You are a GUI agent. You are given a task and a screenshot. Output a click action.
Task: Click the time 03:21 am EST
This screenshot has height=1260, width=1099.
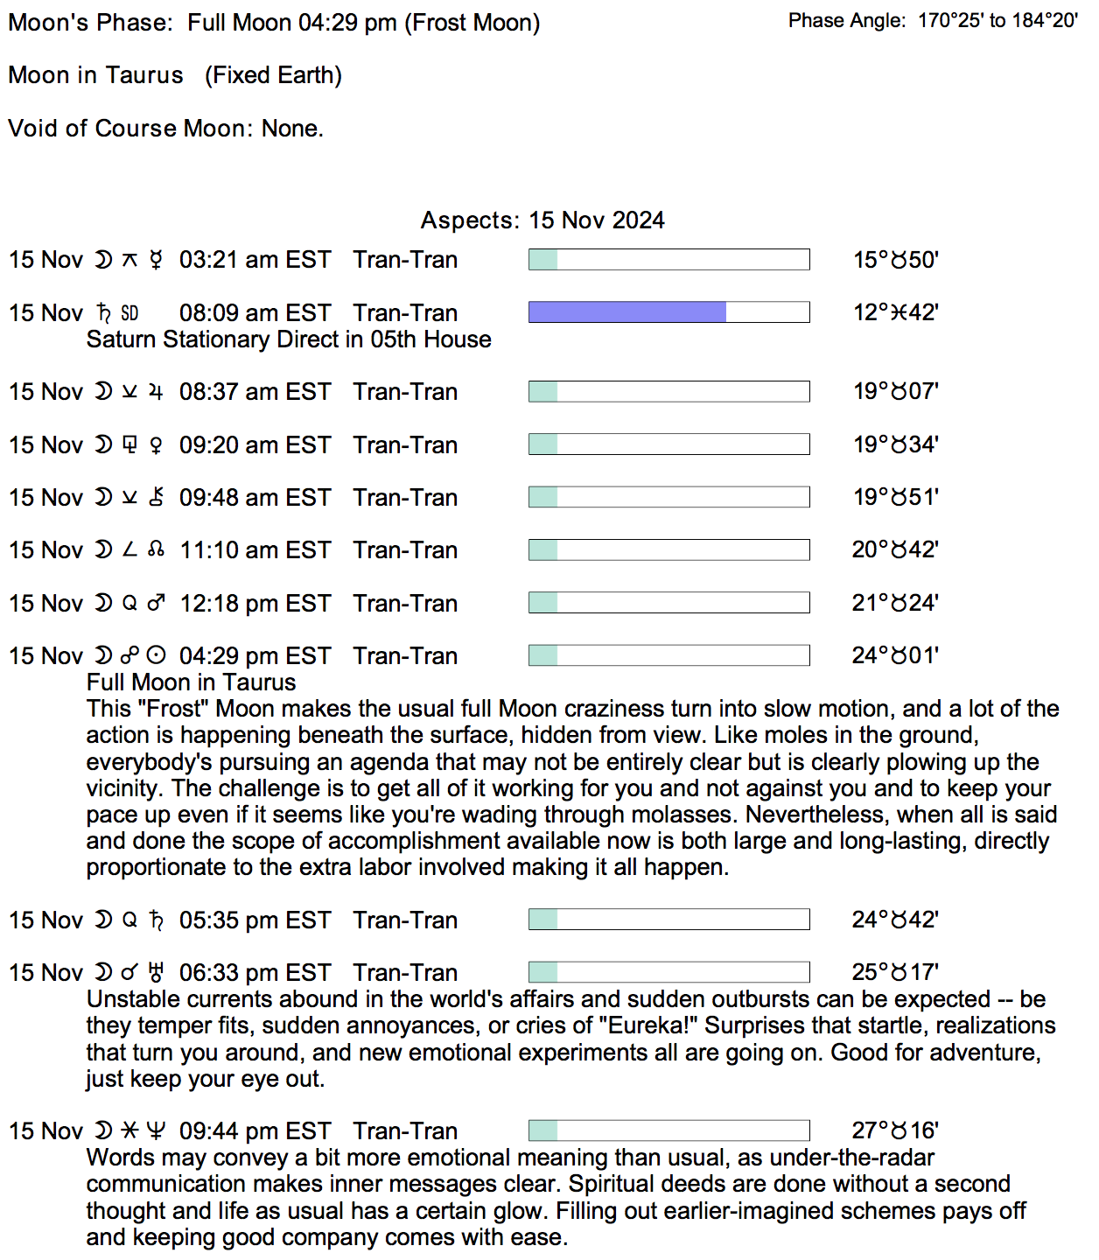coord(255,260)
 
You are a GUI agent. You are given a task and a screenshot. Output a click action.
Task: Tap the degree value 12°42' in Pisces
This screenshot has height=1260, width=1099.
coord(895,312)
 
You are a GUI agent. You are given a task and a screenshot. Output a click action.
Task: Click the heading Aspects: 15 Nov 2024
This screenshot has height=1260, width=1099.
coord(542,220)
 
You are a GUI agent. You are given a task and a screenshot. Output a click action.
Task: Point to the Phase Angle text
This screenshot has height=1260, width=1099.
coord(933,21)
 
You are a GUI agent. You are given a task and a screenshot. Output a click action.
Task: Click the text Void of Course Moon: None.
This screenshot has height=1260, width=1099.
coord(166,129)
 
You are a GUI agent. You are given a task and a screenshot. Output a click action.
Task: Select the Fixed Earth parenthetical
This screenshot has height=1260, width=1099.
coord(273,75)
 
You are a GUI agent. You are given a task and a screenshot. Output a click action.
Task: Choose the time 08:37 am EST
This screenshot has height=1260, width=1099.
coord(255,392)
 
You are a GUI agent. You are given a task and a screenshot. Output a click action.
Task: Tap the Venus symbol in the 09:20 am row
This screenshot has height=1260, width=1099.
coord(156,445)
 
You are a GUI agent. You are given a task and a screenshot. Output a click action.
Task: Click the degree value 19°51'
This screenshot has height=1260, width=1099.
coord(895,497)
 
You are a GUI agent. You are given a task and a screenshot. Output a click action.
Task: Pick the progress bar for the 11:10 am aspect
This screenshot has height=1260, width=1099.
coord(668,550)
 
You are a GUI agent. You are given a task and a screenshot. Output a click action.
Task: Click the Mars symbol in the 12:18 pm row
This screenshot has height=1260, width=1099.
coord(156,603)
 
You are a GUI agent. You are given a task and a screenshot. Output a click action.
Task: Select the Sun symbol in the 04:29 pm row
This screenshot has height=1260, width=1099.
coord(156,655)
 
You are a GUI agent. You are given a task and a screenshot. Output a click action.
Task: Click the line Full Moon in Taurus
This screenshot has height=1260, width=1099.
coord(191,682)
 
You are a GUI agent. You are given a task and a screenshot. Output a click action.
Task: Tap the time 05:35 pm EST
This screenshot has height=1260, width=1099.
coord(255,920)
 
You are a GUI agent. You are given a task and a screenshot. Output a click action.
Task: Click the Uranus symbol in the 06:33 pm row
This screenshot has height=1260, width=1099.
coord(157,972)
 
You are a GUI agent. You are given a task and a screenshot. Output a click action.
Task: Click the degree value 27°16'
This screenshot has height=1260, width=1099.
coord(895,1130)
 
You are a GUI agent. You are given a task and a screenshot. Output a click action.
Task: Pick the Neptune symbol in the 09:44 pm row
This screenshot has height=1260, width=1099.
coord(156,1131)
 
